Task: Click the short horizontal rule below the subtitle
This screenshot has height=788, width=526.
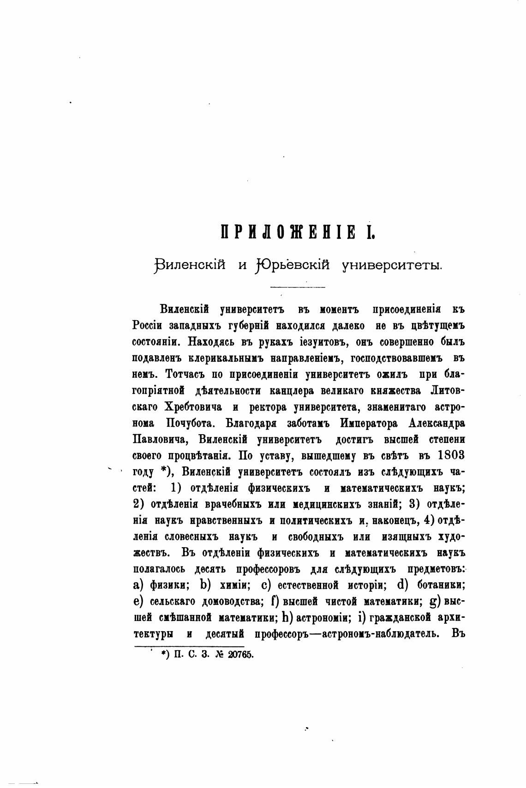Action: pos(298,288)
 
